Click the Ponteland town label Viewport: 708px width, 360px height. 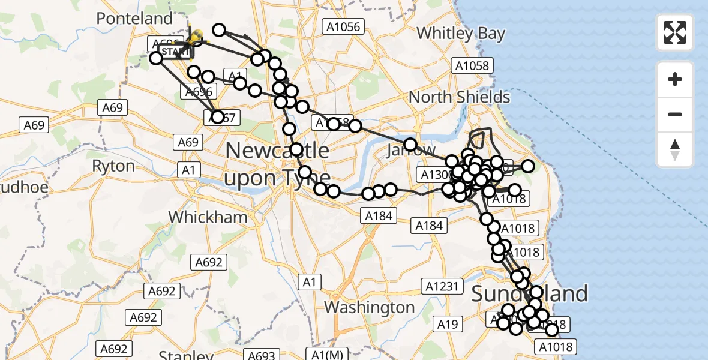coord(134,19)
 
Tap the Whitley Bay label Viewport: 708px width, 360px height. coord(461,33)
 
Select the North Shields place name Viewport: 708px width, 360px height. coord(459,97)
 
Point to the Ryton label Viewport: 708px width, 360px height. coord(113,165)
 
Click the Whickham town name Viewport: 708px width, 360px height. coord(208,217)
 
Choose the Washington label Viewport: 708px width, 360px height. coord(369,307)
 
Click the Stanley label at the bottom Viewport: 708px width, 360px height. coord(179,354)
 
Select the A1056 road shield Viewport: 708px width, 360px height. coord(343,26)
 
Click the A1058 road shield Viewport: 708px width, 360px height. coord(472,66)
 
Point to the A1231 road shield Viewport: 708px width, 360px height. coord(443,286)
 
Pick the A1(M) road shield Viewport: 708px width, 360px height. coord(326,354)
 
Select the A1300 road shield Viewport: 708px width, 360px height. coord(434,175)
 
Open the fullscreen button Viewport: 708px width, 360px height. coord(675,32)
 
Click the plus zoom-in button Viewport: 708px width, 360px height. coord(675,79)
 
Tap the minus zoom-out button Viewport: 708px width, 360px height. coord(675,114)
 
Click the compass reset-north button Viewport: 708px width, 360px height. coord(675,149)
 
